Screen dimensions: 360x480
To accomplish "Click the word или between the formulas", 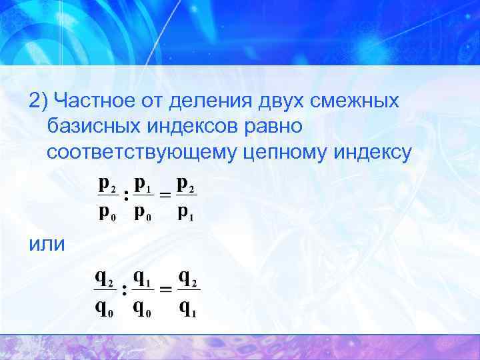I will (47, 245).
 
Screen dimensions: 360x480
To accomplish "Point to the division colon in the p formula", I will (126, 196).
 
